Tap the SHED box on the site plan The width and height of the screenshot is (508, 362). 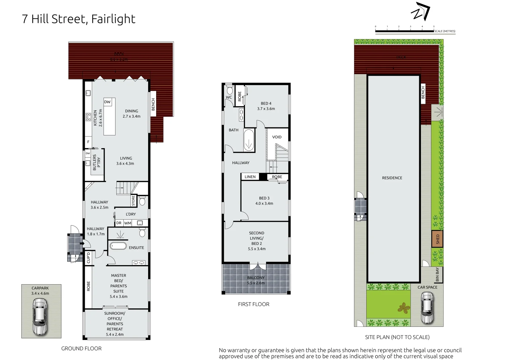click(x=437, y=239)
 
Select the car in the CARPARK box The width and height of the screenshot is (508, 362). click(x=40, y=316)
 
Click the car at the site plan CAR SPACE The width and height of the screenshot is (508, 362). click(x=427, y=307)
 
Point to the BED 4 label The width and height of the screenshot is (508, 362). click(x=266, y=104)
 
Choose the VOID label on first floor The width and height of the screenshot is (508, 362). click(x=277, y=137)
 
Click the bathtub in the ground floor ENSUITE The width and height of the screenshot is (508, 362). click(x=118, y=246)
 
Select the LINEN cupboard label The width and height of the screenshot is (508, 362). click(x=250, y=177)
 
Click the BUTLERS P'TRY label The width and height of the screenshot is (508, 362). click(x=97, y=163)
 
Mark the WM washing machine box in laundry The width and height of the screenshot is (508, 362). click(x=128, y=223)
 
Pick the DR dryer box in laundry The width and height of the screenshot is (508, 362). click(x=119, y=223)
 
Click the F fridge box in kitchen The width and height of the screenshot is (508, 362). click(x=88, y=142)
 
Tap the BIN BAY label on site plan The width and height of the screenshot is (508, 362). click(x=437, y=275)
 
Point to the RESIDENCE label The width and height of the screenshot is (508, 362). click(x=392, y=178)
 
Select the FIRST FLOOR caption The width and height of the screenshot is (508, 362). click(x=254, y=304)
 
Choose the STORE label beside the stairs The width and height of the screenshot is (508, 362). click(x=133, y=201)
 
